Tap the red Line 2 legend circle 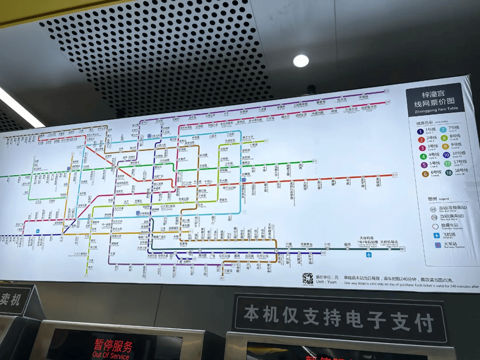[421, 140]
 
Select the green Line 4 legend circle [422, 156]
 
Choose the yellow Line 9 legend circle [445, 146]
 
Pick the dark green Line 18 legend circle [449, 172]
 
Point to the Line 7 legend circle [443, 130]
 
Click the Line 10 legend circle [446, 155]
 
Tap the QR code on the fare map [308, 279]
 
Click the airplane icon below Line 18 [368, 255]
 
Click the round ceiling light [301, 60]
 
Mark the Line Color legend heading [429, 123]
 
